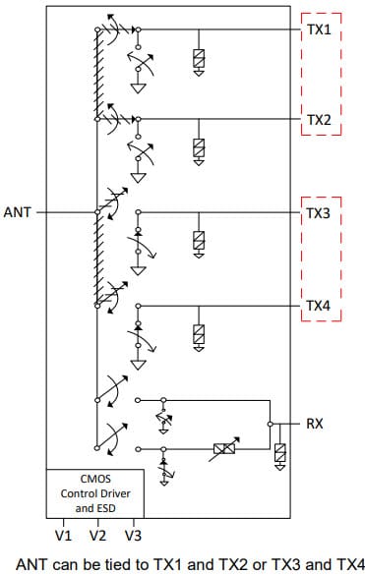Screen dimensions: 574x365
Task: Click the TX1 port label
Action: (x=318, y=31)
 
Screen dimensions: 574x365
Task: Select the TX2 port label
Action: (x=318, y=121)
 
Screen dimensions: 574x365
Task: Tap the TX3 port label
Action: (x=318, y=212)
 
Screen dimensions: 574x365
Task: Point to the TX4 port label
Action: (x=318, y=306)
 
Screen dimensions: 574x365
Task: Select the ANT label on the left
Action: (x=18, y=211)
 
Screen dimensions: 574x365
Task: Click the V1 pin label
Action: (x=64, y=536)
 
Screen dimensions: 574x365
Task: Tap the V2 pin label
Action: (x=97, y=536)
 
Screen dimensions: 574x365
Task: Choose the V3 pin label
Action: (x=133, y=536)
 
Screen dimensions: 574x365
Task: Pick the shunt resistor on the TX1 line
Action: (x=200, y=60)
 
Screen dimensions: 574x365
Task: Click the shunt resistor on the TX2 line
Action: (x=200, y=148)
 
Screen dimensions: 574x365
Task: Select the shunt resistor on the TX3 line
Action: (x=200, y=240)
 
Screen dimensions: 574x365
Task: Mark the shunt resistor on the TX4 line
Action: (x=200, y=334)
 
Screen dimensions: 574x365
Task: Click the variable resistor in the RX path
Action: (x=223, y=449)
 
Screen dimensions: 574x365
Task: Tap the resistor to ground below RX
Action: (x=281, y=454)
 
